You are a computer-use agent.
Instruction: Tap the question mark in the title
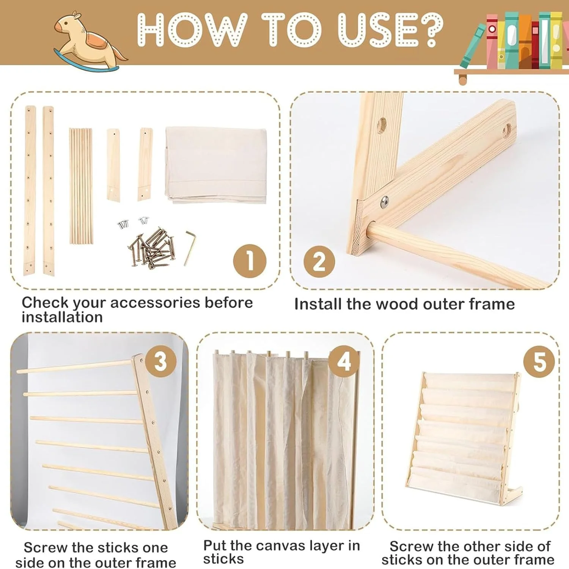[429, 30]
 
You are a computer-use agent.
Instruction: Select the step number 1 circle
[250, 261]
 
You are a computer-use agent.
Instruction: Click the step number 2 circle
[319, 261]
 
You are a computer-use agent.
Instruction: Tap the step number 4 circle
[344, 361]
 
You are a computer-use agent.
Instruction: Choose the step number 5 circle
[539, 361]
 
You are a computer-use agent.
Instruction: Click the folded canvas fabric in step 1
[216, 165]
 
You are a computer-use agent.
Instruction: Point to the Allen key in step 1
[190, 247]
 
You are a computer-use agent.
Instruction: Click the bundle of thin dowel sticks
[81, 186]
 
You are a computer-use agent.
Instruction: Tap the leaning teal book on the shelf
[472, 46]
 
